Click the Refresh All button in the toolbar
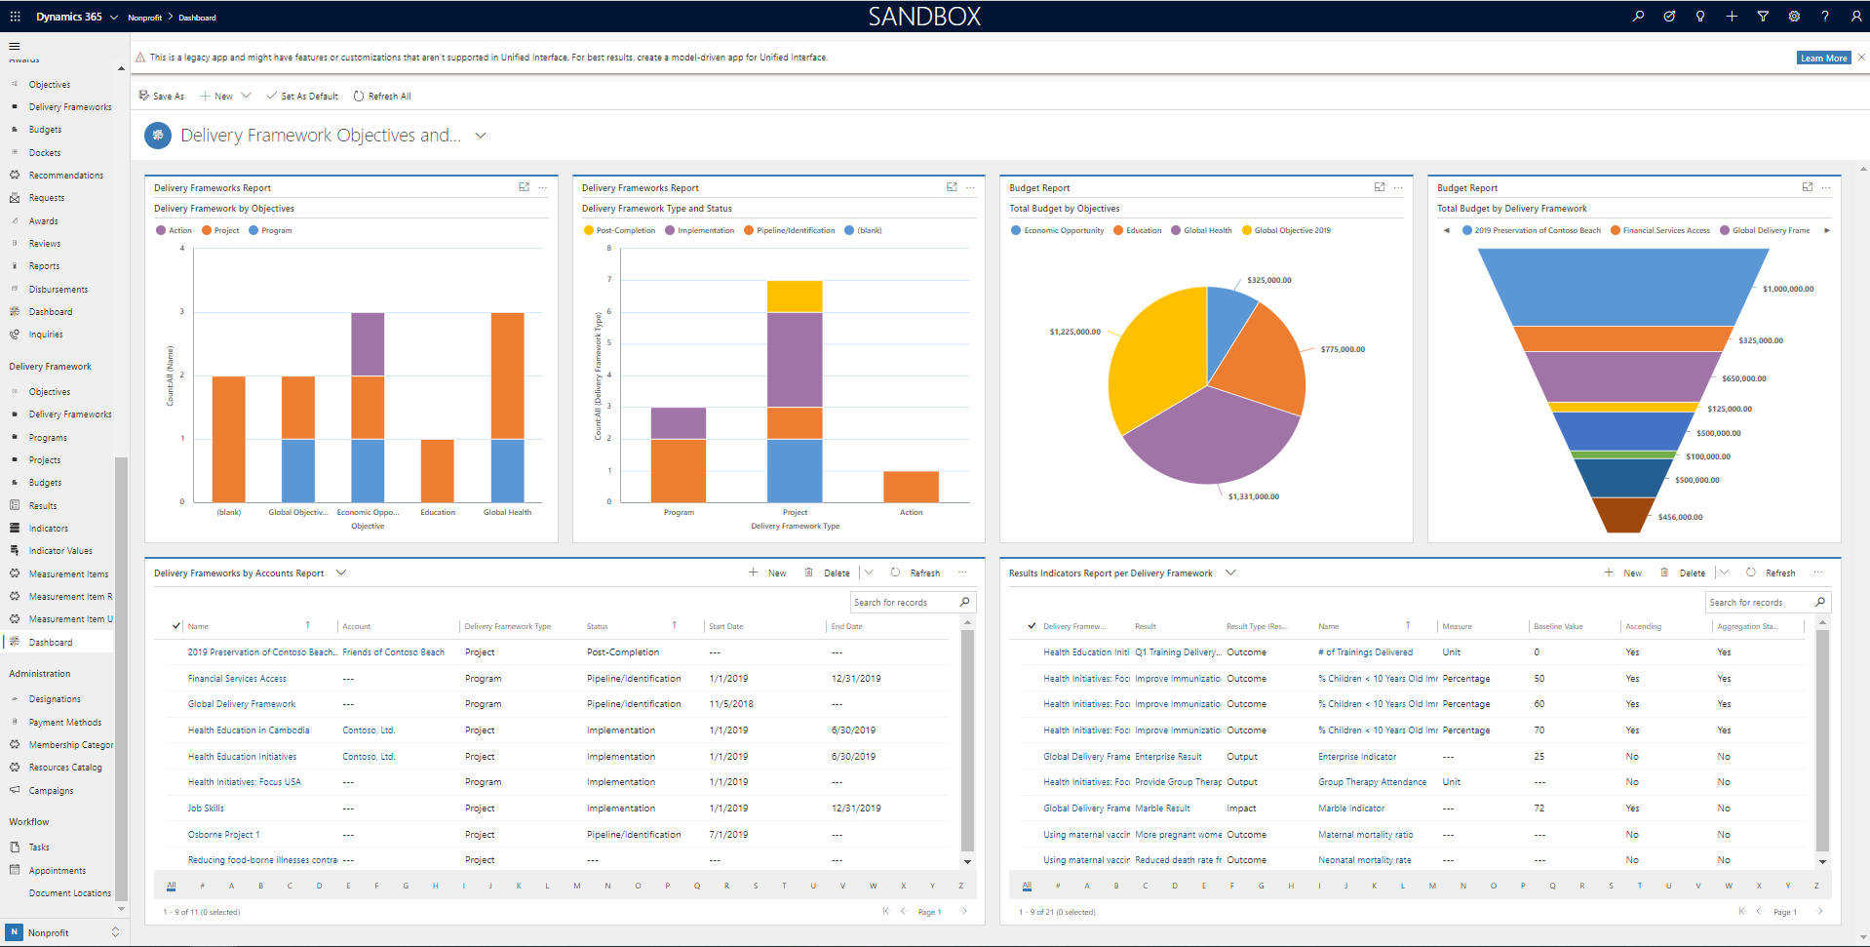pyautogui.click(x=382, y=97)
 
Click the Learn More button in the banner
pyautogui.click(x=1823, y=59)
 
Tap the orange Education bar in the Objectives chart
pyautogui.click(x=437, y=470)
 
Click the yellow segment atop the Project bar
pyautogui.click(x=795, y=296)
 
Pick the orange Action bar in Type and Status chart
pyautogui.click(x=911, y=487)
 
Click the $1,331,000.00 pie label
pyautogui.click(x=1253, y=496)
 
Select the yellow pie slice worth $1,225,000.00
pyautogui.click(x=1155, y=356)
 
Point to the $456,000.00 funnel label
pyautogui.click(x=1680, y=517)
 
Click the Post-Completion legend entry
pyautogui.click(x=625, y=231)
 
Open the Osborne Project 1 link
pyautogui.click(x=223, y=835)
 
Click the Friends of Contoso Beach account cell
pyautogui.click(x=393, y=652)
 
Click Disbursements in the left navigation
pyautogui.click(x=58, y=290)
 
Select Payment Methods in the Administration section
pyautogui.click(x=65, y=723)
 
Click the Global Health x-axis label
pyautogui.click(x=507, y=512)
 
